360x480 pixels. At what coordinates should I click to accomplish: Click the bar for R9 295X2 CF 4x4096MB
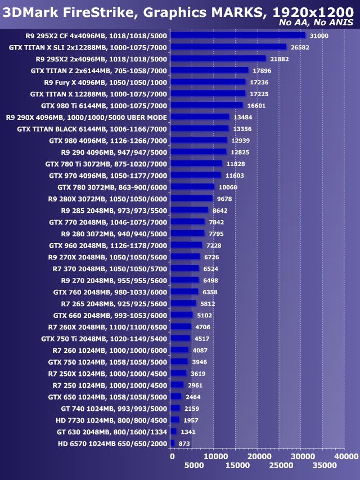(237, 35)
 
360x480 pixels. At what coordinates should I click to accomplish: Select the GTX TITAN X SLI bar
(228, 47)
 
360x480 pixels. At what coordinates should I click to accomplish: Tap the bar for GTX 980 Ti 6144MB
(206, 105)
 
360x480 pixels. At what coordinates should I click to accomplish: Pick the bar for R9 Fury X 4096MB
(208, 82)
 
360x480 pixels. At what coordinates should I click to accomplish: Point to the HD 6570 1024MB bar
(173, 443)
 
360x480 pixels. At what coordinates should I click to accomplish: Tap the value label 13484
(242, 117)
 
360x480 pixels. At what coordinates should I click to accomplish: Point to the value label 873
(184, 443)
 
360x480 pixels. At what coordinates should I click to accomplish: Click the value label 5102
(205, 315)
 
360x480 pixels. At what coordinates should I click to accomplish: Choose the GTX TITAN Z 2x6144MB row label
(99, 70)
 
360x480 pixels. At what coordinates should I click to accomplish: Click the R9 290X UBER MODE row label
(86, 117)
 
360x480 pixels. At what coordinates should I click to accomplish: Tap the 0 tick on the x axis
(172, 456)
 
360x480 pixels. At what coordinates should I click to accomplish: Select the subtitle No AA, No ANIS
(316, 23)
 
